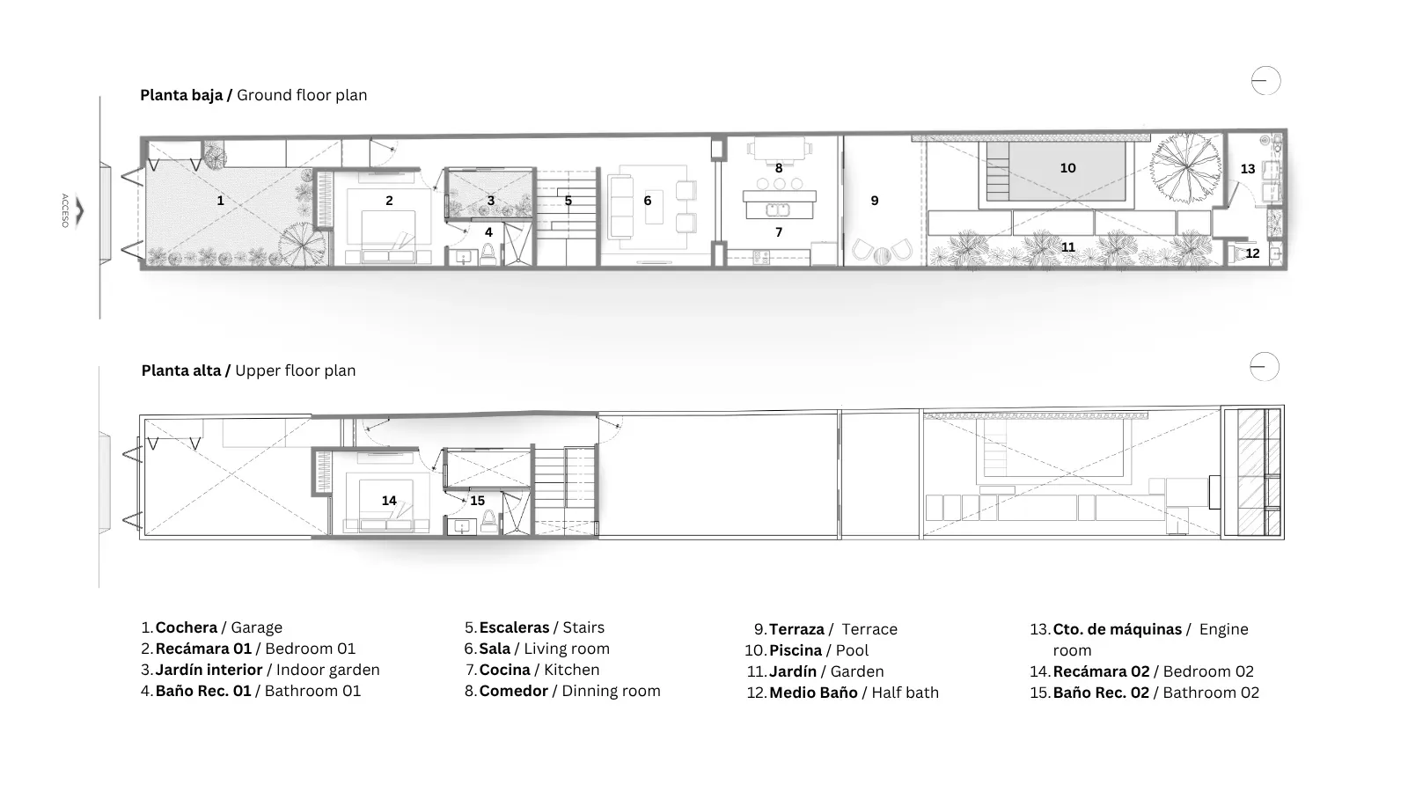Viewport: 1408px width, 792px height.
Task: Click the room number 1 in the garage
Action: (x=220, y=201)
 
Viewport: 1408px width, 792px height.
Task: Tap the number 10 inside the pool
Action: (x=1068, y=168)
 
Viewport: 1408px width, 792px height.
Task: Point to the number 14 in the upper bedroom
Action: (x=389, y=501)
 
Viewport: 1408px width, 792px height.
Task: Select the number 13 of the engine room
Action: (x=1248, y=169)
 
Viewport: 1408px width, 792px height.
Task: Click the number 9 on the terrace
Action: (x=875, y=201)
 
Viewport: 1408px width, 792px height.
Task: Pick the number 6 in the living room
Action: (x=648, y=201)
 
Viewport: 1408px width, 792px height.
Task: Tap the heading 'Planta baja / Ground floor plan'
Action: (x=253, y=95)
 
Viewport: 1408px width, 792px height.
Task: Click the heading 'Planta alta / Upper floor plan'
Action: (x=248, y=370)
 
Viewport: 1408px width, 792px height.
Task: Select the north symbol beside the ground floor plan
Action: (x=1265, y=80)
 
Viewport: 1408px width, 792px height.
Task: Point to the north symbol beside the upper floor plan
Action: (x=1264, y=366)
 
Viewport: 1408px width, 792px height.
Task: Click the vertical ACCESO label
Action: (x=64, y=210)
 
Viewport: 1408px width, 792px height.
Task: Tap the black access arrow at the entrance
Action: (x=80, y=211)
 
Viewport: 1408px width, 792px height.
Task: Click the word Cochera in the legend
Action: (x=186, y=627)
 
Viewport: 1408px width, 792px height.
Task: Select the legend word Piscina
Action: (x=796, y=650)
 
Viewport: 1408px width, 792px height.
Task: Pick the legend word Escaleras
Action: (x=514, y=627)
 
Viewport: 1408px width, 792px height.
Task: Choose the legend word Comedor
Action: (x=514, y=691)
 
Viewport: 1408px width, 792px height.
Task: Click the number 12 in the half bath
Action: (x=1252, y=253)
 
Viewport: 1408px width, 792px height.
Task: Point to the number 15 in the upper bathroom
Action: (x=477, y=501)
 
